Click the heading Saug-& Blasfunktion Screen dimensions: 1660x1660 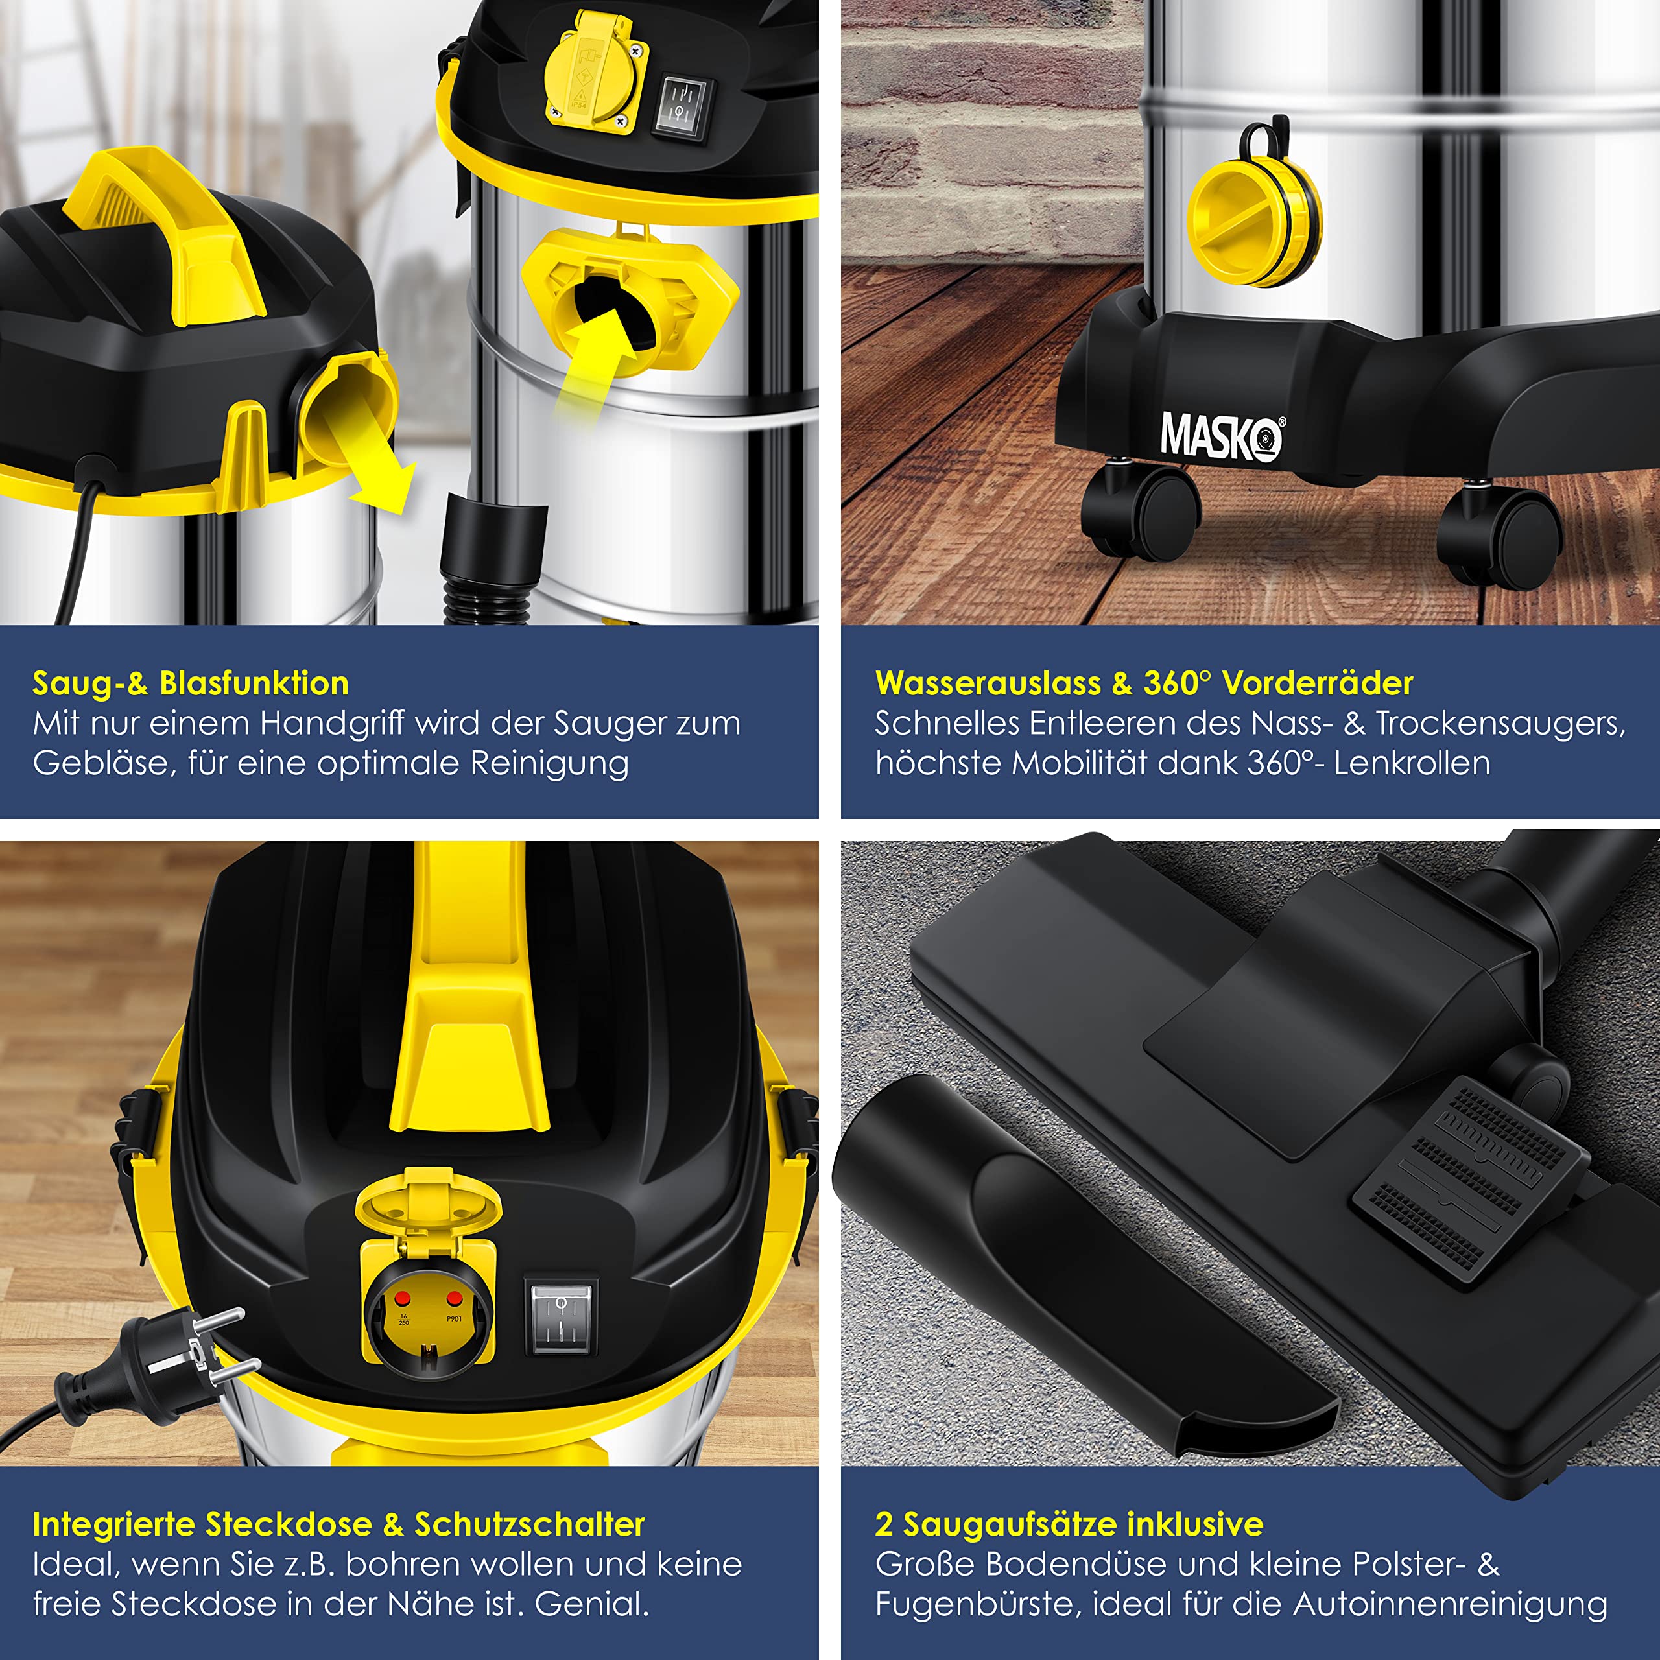[191, 683]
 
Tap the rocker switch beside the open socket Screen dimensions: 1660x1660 [560, 1321]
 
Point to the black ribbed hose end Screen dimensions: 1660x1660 [492, 558]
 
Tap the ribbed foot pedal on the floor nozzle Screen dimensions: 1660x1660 [1467, 1182]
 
